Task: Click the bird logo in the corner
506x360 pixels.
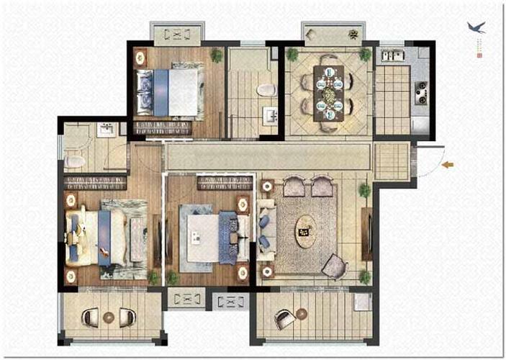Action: [476, 28]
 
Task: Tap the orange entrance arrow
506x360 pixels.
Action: [448, 165]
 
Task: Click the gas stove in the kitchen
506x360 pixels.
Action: [421, 91]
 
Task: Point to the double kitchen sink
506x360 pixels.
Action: [390, 55]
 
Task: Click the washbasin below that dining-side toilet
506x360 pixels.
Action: [270, 115]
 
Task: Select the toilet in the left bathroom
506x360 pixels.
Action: [73, 159]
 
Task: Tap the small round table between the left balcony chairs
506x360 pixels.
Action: [109, 316]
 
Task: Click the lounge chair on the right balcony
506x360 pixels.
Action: [284, 318]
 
